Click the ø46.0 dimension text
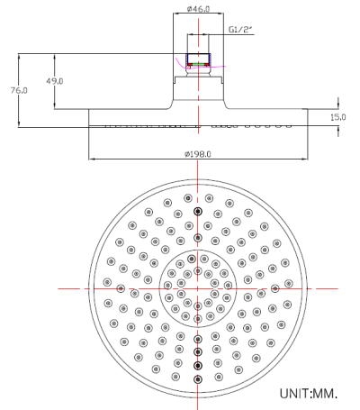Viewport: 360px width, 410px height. pos(198,9)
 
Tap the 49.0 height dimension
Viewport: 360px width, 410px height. pos(55,81)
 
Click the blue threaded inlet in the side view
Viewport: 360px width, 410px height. pos(198,61)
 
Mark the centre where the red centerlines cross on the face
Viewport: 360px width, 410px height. pos(198,287)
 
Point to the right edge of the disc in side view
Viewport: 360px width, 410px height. pos(307,118)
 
